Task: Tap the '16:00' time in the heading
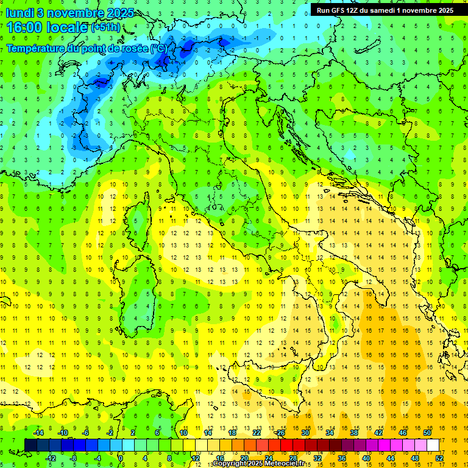tap(25, 27)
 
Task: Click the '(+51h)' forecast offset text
tap(105, 27)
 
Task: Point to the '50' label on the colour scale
tap(427, 432)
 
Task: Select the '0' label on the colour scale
tap(120, 458)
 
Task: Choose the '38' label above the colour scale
tap(353, 432)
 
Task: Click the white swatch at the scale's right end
tap(433, 445)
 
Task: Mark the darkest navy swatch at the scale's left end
tap(31, 445)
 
